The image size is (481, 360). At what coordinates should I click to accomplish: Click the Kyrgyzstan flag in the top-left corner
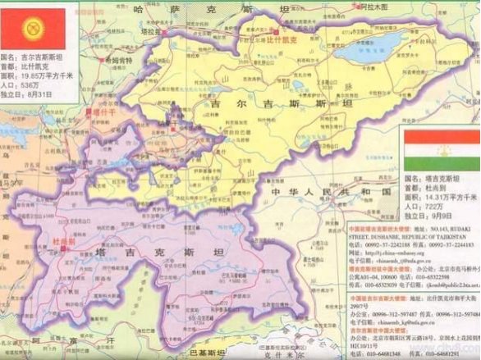pos(39,26)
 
